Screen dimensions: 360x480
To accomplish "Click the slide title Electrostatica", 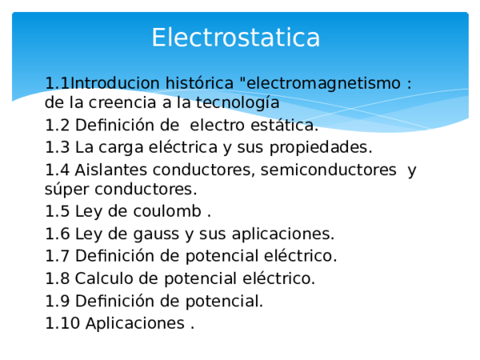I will (x=235, y=38).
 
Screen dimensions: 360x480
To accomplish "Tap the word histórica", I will (x=199, y=83).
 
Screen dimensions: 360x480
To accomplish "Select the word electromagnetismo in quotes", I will (x=324, y=83).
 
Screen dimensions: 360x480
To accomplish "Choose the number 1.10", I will (x=62, y=324).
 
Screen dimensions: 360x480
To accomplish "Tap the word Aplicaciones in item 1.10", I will (x=134, y=324).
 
